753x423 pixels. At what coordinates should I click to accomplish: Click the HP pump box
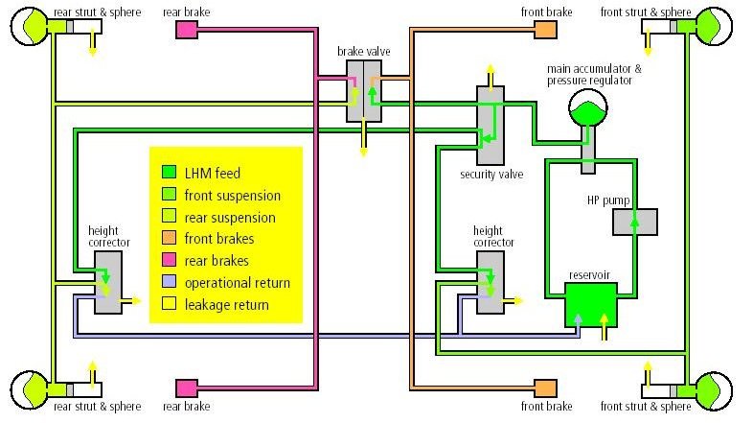click(635, 221)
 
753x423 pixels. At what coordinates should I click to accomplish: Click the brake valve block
click(363, 89)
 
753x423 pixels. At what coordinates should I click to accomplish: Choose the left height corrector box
click(107, 282)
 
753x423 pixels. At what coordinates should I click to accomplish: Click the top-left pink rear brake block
click(187, 30)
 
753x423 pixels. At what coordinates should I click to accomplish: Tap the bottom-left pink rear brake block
click(187, 388)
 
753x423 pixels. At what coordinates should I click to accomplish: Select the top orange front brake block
click(545, 30)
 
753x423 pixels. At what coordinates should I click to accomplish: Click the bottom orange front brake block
click(545, 388)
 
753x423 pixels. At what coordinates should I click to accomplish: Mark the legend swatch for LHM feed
click(169, 173)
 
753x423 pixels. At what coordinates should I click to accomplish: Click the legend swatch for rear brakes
click(169, 261)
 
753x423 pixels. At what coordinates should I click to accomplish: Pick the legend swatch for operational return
click(169, 283)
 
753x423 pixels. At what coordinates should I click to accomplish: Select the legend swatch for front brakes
click(169, 239)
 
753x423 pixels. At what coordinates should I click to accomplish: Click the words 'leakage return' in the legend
click(228, 305)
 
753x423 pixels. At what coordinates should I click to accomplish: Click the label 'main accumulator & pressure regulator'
click(595, 75)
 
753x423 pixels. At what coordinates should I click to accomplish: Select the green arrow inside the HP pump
click(634, 221)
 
